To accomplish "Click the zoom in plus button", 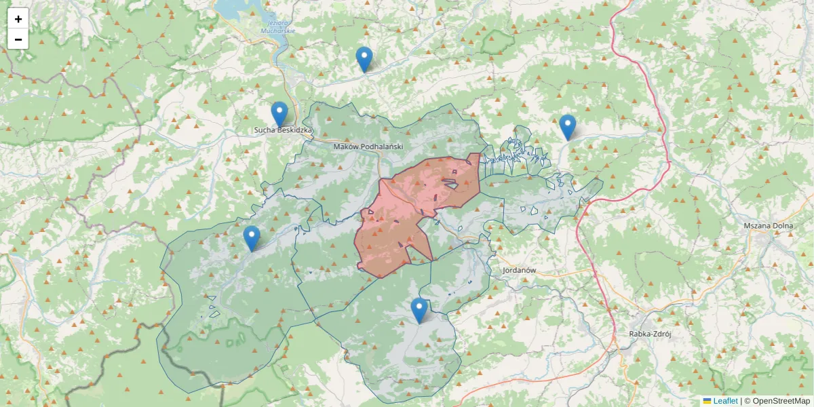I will pos(18,19).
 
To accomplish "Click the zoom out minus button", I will pos(18,39).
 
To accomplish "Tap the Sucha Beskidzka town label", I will pos(283,130).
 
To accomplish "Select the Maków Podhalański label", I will pos(368,147).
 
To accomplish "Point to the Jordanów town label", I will pos(520,270).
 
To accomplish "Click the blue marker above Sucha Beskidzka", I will pos(279,114).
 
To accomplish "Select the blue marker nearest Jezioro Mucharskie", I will pos(364,59).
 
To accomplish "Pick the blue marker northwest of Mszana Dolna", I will pos(567,127).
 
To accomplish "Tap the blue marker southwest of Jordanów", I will pos(419,310).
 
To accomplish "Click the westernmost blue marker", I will pos(252,238).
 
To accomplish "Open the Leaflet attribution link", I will pos(725,401).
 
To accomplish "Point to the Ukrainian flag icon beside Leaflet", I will pos(707,401).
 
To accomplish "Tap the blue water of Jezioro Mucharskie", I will pos(234,8).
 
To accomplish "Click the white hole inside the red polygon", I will pos(450,181).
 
